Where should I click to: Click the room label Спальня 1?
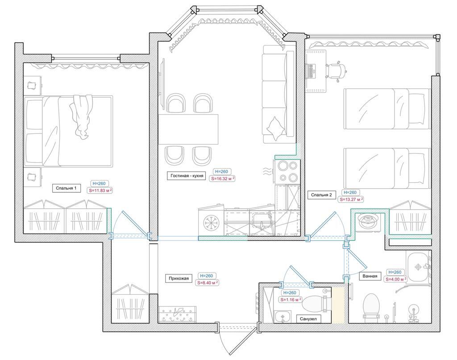point(66,188)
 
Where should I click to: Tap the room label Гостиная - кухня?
point(187,176)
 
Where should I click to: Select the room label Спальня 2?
point(321,195)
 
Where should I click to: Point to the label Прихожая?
point(179,278)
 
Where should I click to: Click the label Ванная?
point(370,276)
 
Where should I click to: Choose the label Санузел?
point(308,319)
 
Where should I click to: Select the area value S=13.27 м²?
point(352,199)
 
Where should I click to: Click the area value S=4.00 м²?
point(396,279)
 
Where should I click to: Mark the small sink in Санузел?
point(283,317)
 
